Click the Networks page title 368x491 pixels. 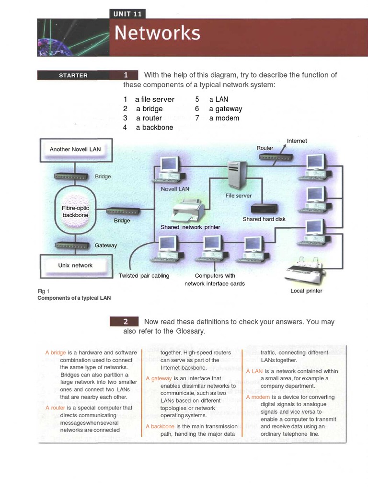[157, 33]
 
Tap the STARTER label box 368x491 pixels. [73, 75]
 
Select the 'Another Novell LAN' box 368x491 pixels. [75, 149]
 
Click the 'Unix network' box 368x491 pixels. [75, 265]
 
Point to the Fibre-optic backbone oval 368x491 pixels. [75, 211]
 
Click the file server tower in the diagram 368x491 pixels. [237, 175]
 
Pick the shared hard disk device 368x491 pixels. [264, 209]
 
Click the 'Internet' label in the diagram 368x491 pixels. [297, 141]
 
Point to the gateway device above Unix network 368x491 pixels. [71, 245]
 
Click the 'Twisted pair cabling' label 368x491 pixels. [144, 276]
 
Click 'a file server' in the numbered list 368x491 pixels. [154, 99]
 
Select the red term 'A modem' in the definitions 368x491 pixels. [258, 397]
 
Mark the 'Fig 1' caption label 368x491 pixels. [44, 291]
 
